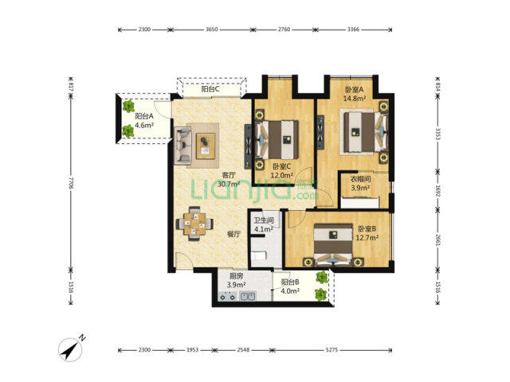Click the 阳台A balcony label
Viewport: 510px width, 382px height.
[144, 120]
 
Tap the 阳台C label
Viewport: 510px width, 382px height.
[210, 88]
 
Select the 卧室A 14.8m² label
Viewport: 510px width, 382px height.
[354, 94]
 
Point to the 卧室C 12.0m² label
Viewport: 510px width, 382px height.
[281, 171]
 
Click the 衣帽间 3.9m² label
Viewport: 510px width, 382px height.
[360, 183]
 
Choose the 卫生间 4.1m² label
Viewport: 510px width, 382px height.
[264, 224]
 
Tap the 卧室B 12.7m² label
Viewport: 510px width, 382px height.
[367, 233]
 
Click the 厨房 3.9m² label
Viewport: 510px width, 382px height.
[236, 280]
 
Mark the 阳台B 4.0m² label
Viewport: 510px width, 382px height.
[290, 286]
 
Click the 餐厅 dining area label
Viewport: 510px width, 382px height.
[233, 233]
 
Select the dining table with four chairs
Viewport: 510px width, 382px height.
[194, 224]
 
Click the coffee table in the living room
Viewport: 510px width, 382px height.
[206, 146]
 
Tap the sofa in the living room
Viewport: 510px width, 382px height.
[182, 145]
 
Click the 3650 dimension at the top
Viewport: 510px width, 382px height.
[211, 29]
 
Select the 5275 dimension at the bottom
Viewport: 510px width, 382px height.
[331, 350]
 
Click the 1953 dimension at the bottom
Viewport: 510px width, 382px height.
[192, 350]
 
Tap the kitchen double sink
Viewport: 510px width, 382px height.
[248, 296]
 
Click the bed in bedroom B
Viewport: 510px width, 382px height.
[333, 243]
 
